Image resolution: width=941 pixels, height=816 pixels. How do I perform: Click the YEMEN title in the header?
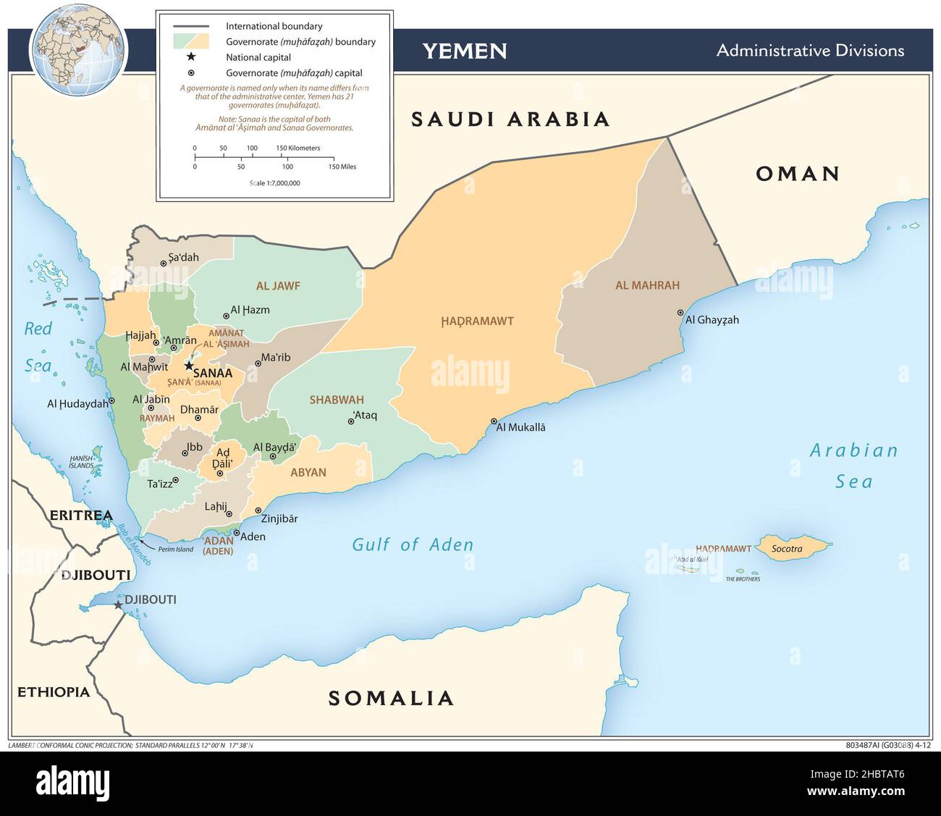point(464,51)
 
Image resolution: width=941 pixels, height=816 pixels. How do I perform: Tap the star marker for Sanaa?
point(189,366)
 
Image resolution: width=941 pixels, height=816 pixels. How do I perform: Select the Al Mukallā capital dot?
point(494,421)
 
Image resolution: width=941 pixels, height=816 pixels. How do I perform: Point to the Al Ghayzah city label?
point(712,320)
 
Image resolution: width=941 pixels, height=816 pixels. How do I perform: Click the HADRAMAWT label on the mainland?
point(477,321)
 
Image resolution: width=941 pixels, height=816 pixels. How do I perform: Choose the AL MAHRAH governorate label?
point(647,285)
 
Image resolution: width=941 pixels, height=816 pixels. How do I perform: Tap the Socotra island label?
point(786,549)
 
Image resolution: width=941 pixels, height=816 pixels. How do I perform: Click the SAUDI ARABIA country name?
point(510,119)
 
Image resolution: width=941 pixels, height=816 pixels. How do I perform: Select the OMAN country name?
point(798,174)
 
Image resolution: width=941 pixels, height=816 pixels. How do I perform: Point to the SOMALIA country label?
point(391,698)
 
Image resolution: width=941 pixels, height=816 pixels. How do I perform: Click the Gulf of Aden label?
point(413,544)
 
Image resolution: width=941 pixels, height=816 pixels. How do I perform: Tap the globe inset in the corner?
point(78,49)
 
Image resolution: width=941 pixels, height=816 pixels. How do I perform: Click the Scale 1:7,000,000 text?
point(274,183)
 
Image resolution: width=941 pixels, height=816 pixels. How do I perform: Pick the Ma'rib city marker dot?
point(257,363)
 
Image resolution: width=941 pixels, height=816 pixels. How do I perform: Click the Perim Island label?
point(176,550)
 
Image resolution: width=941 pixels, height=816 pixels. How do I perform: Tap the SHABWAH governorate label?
point(337,400)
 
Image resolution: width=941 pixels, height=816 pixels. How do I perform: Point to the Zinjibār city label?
point(279,518)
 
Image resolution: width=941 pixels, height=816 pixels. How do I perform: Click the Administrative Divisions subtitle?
point(810,51)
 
